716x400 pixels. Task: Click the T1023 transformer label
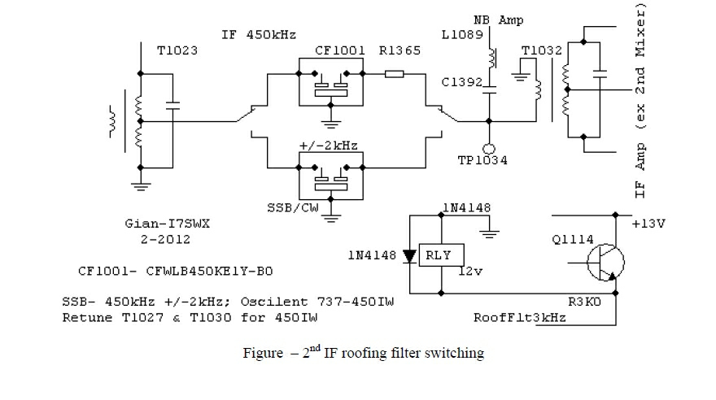[x=178, y=51]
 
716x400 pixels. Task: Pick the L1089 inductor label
[x=464, y=36]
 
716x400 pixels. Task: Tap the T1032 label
[x=541, y=50]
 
